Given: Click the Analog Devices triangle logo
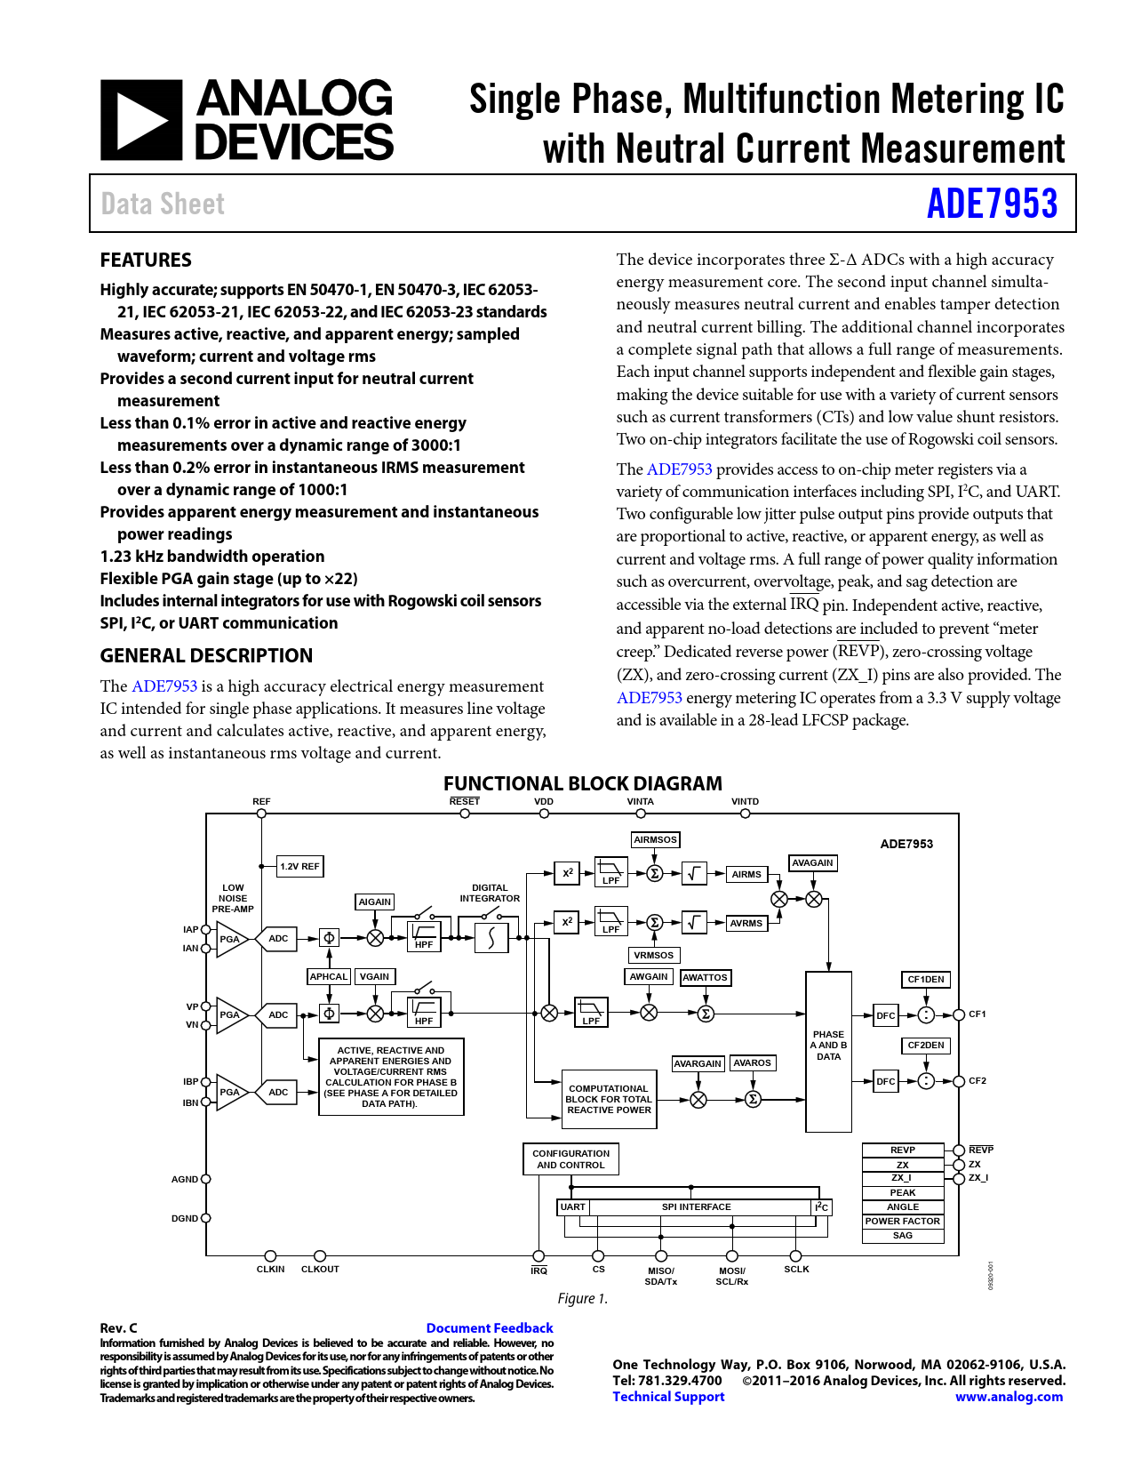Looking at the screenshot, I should [141, 120].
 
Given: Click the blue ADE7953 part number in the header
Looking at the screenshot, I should [992, 204].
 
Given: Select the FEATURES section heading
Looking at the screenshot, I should [146, 261].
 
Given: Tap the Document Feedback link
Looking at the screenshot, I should [490, 1328].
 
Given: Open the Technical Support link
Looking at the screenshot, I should [668, 1397].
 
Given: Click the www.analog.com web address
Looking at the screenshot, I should [1009, 1397].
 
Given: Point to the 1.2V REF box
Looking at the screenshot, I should [299, 866].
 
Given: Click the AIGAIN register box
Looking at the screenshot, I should [375, 902].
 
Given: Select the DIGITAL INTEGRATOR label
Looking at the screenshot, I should [490, 893].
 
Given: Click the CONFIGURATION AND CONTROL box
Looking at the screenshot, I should [570, 1159].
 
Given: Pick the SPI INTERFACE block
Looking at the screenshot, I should [697, 1207].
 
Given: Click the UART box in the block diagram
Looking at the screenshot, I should [573, 1207].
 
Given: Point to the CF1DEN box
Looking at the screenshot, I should [926, 980].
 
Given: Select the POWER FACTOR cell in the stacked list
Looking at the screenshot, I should [902, 1222].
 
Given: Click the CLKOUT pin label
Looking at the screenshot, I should [320, 1270].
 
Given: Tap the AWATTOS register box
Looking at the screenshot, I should [705, 978].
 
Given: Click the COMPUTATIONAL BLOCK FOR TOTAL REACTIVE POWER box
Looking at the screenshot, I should [609, 1100].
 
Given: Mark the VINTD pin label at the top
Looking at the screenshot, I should [745, 802].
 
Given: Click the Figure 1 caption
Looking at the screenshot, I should [582, 1299].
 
